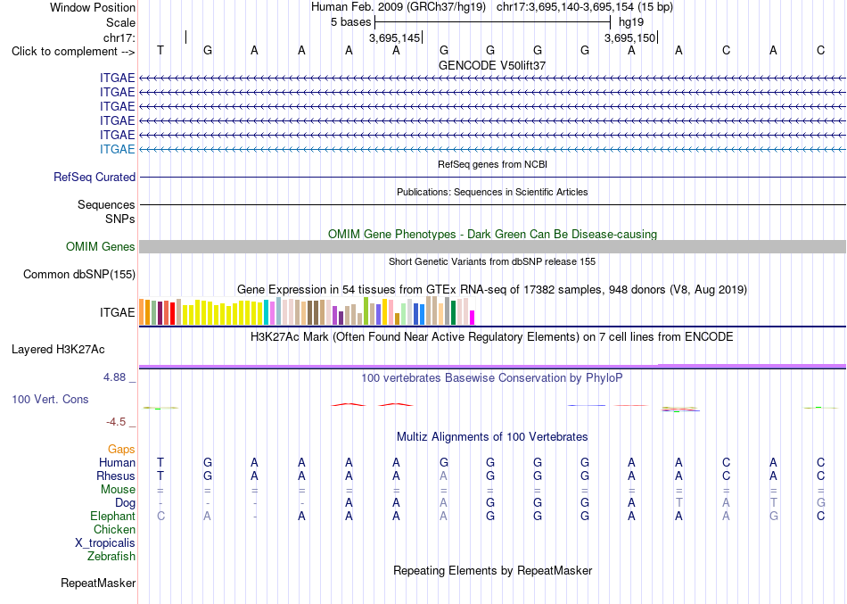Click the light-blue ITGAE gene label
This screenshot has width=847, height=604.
tap(117, 149)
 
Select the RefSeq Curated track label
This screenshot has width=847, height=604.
tap(95, 177)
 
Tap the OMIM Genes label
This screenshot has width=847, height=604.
tap(101, 246)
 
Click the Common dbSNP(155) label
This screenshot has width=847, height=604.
tap(79, 274)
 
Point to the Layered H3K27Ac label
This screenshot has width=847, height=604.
tap(58, 350)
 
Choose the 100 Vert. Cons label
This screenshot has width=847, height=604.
tap(50, 399)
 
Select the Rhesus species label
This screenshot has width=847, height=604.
tap(116, 476)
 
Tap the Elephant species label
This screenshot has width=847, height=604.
tap(112, 517)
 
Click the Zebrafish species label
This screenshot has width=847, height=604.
tap(111, 556)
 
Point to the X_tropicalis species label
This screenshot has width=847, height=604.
tap(105, 543)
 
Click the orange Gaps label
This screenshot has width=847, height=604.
tap(121, 450)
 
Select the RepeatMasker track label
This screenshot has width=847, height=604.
tap(98, 583)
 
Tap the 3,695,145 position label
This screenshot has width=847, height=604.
tap(394, 37)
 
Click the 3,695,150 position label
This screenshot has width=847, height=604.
tap(629, 37)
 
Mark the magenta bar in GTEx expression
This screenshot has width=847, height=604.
tap(473, 318)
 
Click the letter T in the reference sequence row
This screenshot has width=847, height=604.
tap(160, 50)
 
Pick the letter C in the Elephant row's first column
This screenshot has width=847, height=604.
tap(160, 517)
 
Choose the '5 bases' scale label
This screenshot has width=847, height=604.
tap(351, 22)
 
